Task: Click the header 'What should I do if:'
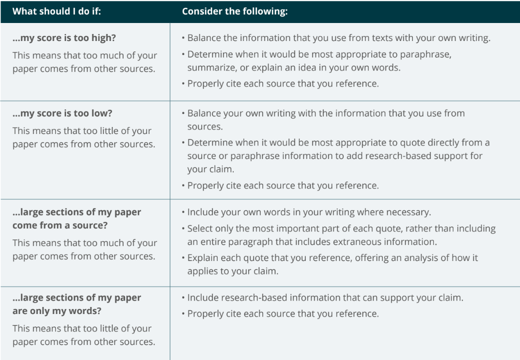[x=57, y=11]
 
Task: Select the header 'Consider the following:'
[x=235, y=11]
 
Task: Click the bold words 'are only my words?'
[x=56, y=311]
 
